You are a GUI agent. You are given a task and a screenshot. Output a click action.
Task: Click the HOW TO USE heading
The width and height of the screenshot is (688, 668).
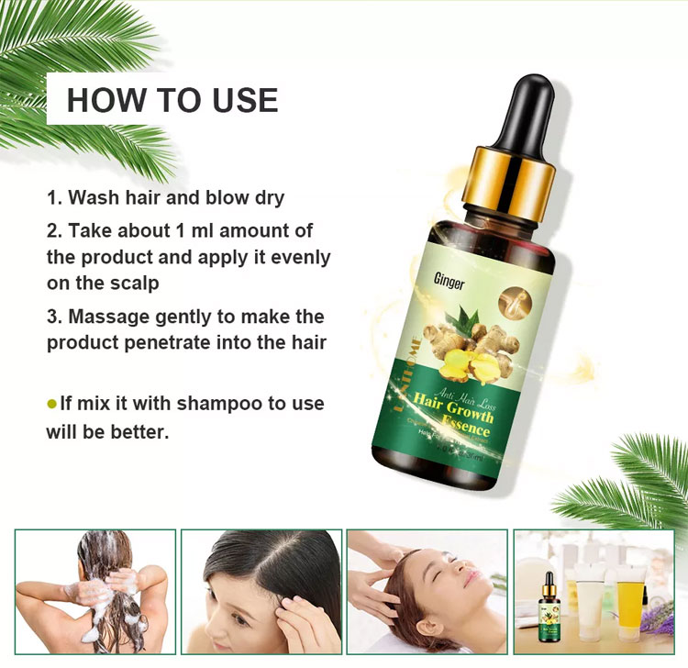tap(172, 99)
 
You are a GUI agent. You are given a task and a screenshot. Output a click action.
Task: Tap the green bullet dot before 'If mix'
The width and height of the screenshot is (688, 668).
tap(51, 404)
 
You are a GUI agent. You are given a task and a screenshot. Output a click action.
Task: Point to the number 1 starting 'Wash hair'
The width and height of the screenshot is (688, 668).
tap(52, 197)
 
